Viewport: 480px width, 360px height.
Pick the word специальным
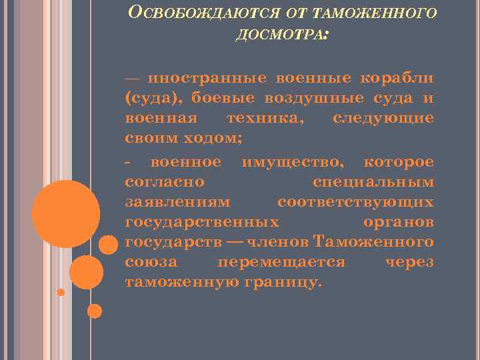click(x=373, y=182)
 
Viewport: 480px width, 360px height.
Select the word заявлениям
click(x=178, y=201)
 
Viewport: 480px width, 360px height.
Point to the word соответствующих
click(x=355, y=201)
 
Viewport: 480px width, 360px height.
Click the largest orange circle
click(x=66, y=214)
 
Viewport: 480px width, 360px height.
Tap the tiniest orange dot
click(x=61, y=292)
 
